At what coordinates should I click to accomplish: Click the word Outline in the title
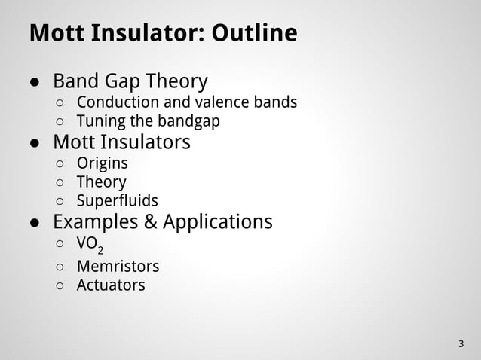[254, 34]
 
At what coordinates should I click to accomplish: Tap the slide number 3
[461, 344]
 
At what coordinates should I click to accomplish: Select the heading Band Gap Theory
[130, 81]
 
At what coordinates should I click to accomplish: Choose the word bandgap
[188, 121]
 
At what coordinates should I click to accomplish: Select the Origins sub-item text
[102, 163]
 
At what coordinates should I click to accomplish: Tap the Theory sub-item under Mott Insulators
[101, 182]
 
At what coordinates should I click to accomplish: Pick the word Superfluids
[117, 201]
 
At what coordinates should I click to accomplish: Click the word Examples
[94, 222]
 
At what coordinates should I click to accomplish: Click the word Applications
[218, 222]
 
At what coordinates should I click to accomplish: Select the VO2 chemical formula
[90, 245]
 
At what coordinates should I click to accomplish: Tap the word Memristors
[118, 266]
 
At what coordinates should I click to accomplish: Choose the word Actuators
[111, 285]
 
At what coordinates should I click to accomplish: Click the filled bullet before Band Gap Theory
[35, 81]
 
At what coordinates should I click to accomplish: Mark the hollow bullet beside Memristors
[60, 267]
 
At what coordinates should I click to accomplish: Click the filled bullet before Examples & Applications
[35, 223]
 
